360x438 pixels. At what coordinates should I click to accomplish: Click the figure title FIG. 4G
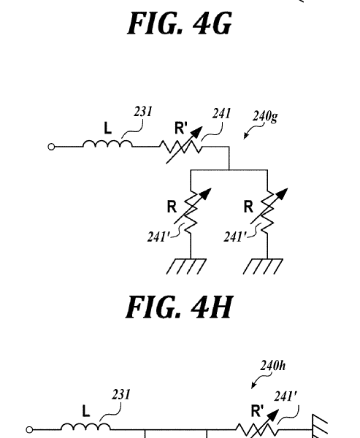tap(180, 23)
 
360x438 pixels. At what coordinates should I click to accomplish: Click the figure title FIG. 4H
tap(179, 307)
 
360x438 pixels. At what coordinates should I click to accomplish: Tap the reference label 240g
tap(265, 117)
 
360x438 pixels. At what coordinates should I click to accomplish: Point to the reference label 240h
tap(273, 366)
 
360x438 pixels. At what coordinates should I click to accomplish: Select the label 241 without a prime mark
tap(221, 114)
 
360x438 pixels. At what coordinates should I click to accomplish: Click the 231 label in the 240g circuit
tap(143, 112)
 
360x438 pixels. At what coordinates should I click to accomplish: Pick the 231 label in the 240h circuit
tap(121, 395)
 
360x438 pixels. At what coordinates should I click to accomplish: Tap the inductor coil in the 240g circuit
tap(107, 144)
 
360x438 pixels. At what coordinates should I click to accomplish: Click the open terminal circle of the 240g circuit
tap(51, 147)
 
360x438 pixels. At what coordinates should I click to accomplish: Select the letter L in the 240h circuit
tap(86, 412)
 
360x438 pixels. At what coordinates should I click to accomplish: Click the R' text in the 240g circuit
tap(181, 128)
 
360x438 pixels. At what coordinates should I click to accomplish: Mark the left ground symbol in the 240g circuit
tap(186, 266)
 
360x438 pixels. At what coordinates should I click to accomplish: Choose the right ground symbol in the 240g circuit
tap(263, 266)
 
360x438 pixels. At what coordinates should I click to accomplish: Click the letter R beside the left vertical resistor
tap(172, 207)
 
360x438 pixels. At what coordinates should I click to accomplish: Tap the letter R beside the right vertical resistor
tap(248, 207)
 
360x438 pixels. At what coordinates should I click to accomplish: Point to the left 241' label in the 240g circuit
tap(158, 237)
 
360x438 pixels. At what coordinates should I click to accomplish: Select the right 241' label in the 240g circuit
tap(235, 237)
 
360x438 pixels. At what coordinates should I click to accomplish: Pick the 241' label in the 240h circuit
tap(286, 396)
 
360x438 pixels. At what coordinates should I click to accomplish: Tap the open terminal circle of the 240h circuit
tap(29, 430)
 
